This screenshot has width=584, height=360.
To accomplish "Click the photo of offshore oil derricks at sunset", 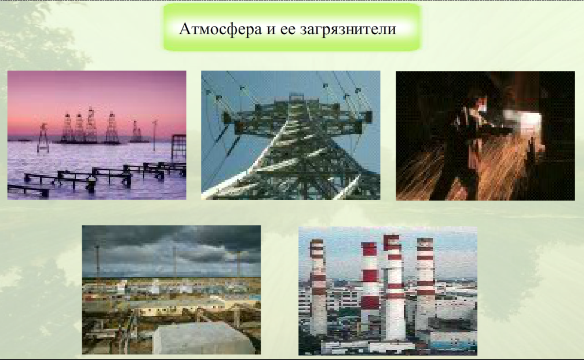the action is coord(97,135).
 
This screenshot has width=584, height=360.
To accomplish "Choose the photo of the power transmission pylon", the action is coord(291,135).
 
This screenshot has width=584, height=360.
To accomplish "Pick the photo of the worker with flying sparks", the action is coord(485,136).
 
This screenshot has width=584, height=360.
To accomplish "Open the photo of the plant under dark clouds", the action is coord(171,290).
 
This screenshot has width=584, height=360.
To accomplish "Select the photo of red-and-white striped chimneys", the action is coord(388,290).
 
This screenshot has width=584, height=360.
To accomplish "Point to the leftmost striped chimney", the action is coord(317,286).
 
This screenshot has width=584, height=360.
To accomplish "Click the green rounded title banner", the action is coord(291,27).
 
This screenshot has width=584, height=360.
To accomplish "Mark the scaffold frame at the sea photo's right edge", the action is coord(179,149).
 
